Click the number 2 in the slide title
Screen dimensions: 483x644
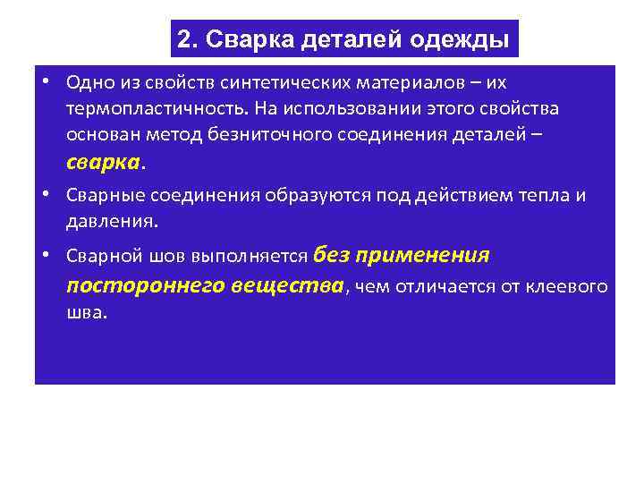click(x=184, y=39)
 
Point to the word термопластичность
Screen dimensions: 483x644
click(x=156, y=108)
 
